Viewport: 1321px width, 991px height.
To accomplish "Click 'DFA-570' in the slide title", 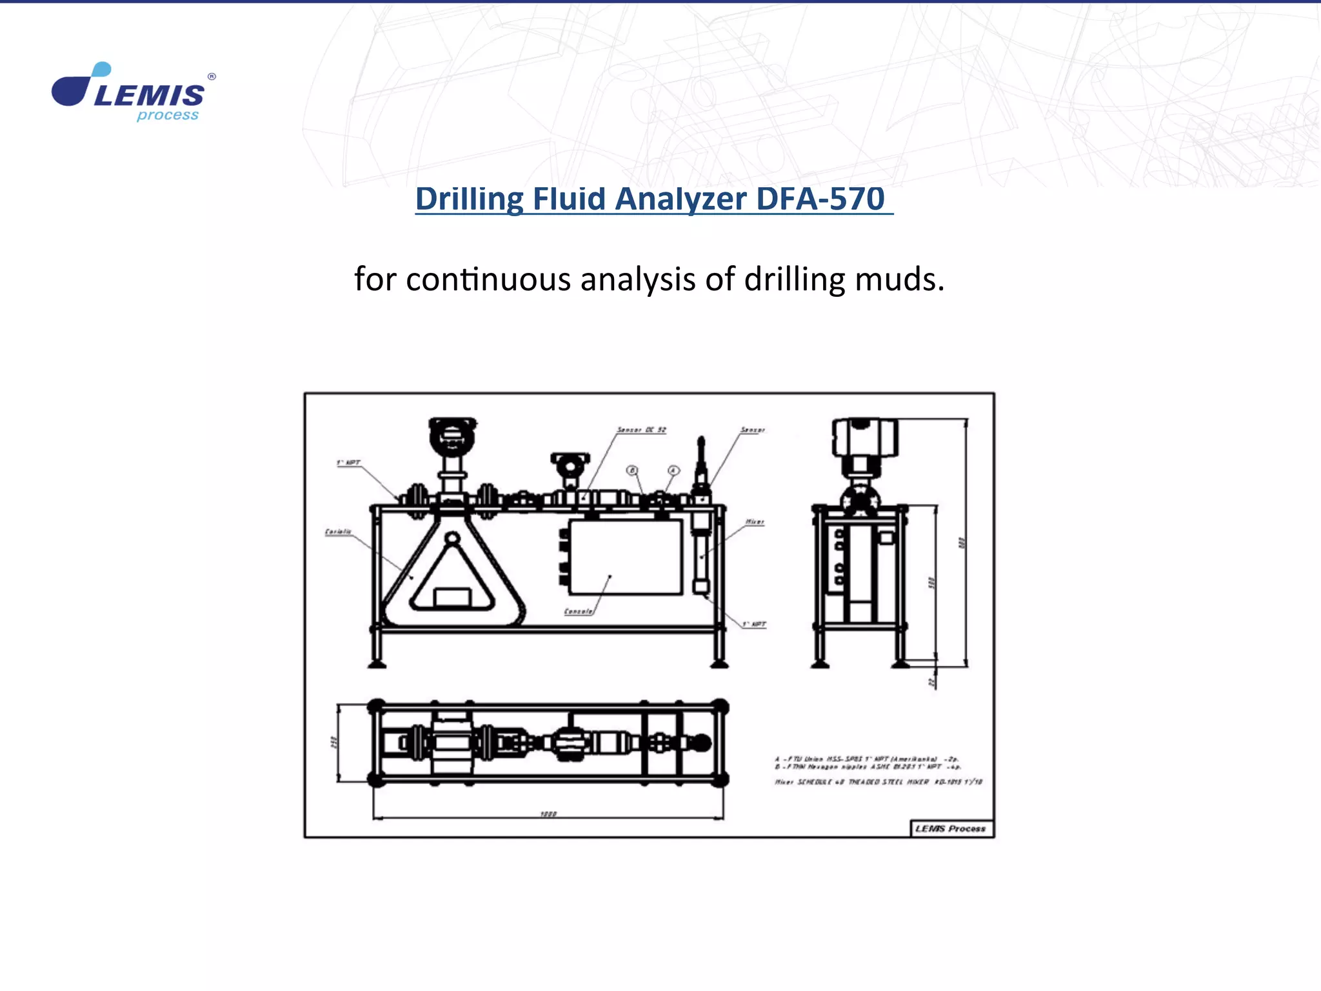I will click(820, 199).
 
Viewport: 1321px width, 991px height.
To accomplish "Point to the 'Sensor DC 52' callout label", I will click(641, 430).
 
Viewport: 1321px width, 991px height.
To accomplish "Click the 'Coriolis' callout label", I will click(338, 532).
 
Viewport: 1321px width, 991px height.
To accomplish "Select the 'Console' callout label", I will click(579, 611).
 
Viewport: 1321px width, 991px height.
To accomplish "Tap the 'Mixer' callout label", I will click(755, 521).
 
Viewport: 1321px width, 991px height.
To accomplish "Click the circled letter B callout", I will click(632, 470).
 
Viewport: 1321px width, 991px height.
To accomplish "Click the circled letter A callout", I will click(673, 470).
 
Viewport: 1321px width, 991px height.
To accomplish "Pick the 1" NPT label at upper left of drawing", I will click(348, 463).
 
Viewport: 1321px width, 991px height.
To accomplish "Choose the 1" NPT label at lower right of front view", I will click(753, 624).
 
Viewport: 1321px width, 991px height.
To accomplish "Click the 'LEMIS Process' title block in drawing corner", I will click(950, 828).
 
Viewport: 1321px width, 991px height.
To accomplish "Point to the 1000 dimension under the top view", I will click(548, 814).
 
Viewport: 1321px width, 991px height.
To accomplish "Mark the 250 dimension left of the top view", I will click(333, 743).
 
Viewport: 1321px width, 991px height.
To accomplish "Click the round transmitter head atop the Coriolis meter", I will click(453, 437).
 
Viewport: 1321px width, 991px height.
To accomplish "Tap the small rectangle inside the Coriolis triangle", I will click(452, 597).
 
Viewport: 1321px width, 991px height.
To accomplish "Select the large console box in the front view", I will click(625, 557).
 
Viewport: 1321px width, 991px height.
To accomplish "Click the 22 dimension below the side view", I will click(931, 681).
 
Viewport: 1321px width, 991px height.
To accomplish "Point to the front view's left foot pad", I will click(377, 663).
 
